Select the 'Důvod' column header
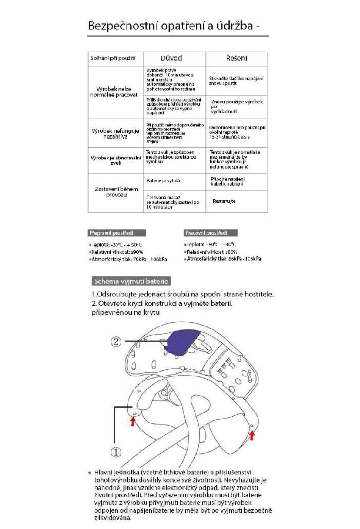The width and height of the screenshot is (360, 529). pos(171,58)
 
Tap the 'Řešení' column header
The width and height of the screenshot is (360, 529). pos(236,58)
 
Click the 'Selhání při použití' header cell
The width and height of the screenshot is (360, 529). pos(113,58)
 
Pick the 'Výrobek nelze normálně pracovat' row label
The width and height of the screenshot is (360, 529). pos(114,92)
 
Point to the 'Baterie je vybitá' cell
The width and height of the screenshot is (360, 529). pos(163,181)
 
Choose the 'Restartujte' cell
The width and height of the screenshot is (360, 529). pos(224,201)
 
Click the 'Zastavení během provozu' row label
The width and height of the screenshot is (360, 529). pos(116,192)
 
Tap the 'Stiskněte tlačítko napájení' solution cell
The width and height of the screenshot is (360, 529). pos(236,81)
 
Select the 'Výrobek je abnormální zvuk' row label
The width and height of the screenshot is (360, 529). pos(116,160)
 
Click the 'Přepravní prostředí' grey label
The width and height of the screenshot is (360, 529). pos(117,233)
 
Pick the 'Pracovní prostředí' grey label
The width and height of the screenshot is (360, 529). pos(211,233)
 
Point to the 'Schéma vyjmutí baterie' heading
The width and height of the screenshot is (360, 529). pos(131,281)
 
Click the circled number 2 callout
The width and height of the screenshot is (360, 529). pos(116,342)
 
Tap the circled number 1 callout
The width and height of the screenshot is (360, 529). pos(116,452)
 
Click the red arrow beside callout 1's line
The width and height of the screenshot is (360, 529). pos(133,421)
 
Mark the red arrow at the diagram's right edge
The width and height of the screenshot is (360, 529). pos(252,435)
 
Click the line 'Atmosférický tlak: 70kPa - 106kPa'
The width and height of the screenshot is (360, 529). pos(129,259)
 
